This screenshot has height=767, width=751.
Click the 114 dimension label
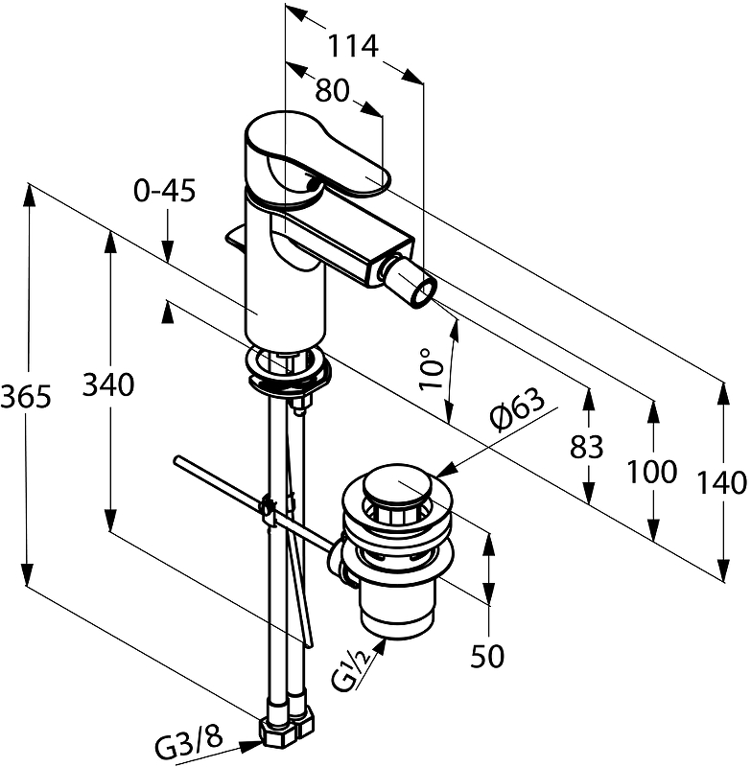coord(352,46)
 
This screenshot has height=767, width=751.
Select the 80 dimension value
coord(332,90)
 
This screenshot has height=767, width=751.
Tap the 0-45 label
coord(165,190)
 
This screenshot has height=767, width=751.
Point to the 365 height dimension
coord(26,396)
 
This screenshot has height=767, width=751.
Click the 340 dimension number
coord(108,384)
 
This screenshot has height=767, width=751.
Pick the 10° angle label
coord(431,369)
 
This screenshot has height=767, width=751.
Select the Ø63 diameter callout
coord(517,409)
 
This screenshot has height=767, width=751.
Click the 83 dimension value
coord(587,447)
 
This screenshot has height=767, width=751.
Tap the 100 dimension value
coord(652,472)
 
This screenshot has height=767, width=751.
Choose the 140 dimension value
coord(721,482)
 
